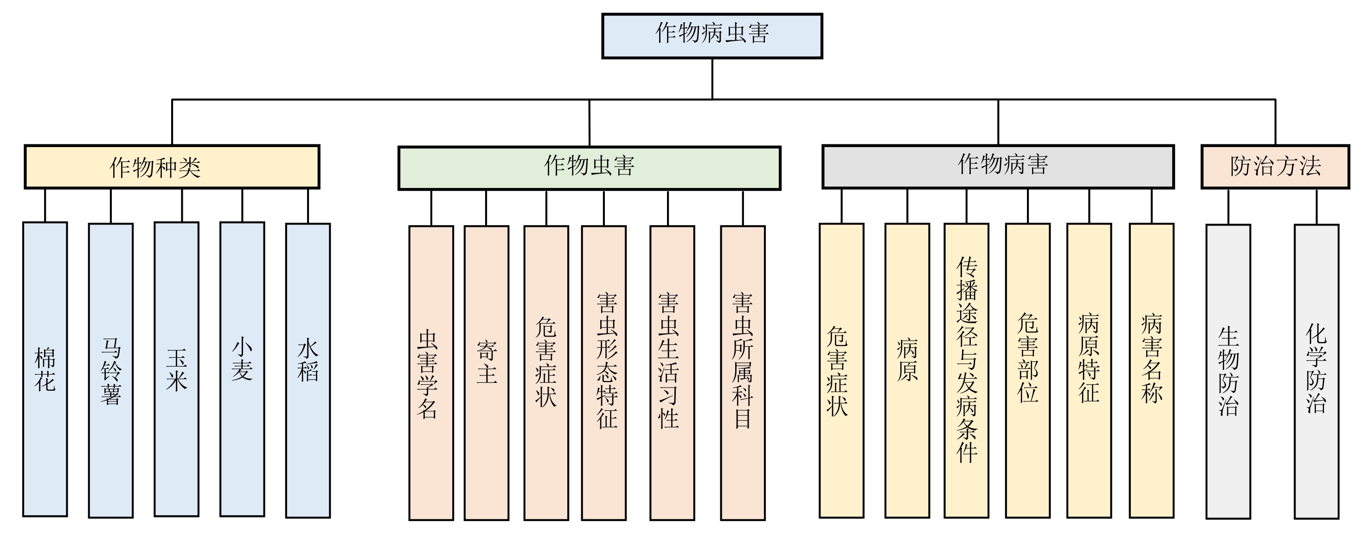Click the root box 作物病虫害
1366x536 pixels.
712,36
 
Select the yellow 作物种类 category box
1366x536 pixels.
172,167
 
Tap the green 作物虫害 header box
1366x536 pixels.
589,168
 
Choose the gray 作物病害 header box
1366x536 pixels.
998,167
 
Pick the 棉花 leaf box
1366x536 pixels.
45,369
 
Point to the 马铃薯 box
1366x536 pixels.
111,370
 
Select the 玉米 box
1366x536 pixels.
177,369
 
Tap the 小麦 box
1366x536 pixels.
242,369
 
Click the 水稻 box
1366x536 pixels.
308,370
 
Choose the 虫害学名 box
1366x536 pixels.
431,373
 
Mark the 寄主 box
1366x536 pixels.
486,373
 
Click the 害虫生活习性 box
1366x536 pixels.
673,373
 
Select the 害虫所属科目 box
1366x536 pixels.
743,373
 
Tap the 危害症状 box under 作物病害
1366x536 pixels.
841,370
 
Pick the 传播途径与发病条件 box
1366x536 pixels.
966,370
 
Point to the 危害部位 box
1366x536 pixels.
1028,370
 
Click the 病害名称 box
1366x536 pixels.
1151,370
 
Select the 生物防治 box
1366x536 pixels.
1228,371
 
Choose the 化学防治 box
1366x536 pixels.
1316,371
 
